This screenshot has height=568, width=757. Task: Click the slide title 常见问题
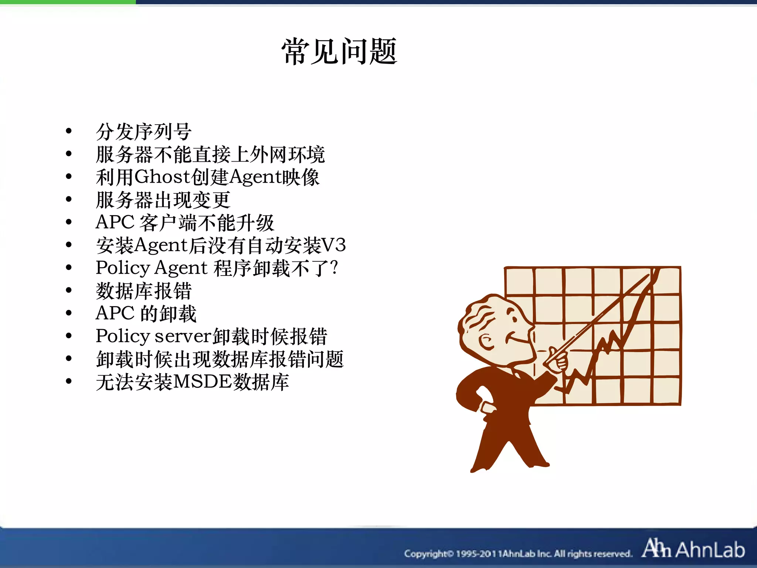(x=339, y=52)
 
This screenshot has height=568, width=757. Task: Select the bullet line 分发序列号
(x=143, y=132)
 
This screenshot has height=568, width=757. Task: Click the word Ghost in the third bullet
(x=162, y=177)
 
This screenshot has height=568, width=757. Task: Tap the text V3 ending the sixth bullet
(x=333, y=245)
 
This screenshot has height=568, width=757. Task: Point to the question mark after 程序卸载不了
(x=334, y=267)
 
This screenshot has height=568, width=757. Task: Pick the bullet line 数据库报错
(x=143, y=291)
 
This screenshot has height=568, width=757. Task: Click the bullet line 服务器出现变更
(x=163, y=200)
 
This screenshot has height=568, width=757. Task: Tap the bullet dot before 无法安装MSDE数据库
(x=68, y=381)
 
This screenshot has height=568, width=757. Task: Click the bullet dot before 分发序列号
(x=68, y=131)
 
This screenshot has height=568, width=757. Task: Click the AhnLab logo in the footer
(x=693, y=549)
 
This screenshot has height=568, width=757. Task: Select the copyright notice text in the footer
(x=517, y=554)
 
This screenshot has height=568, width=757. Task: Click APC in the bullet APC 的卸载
(x=115, y=313)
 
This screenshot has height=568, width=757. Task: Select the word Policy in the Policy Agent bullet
(x=123, y=268)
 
